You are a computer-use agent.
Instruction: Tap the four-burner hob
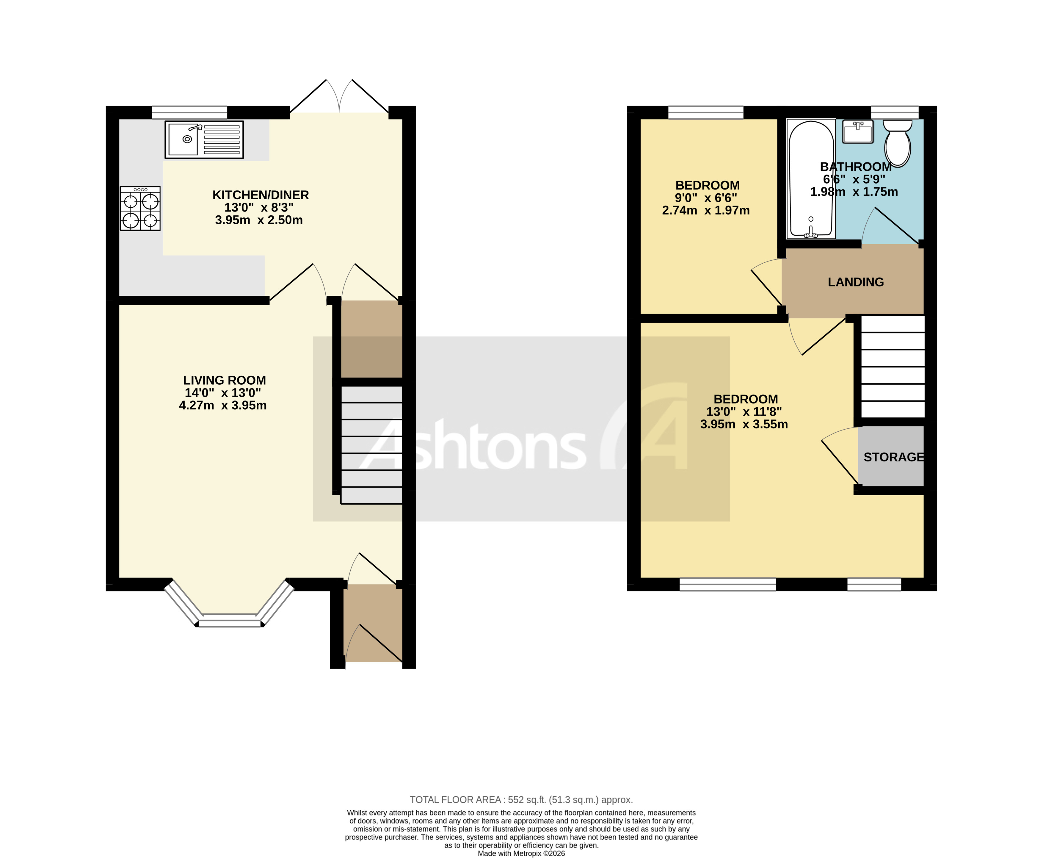(140, 209)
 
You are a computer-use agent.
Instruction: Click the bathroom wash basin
(858, 132)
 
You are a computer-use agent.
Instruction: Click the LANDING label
(856, 282)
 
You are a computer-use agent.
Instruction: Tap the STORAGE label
(893, 457)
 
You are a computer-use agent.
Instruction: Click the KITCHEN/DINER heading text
(261, 195)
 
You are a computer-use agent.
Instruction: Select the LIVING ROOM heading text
(224, 380)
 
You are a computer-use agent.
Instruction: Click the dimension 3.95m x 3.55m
(744, 424)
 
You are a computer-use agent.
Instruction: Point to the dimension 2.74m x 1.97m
(705, 211)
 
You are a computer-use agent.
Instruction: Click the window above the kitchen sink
(189, 113)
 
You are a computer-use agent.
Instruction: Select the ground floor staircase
(371, 445)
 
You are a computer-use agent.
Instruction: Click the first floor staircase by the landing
(892, 367)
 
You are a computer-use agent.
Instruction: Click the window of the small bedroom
(705, 113)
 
